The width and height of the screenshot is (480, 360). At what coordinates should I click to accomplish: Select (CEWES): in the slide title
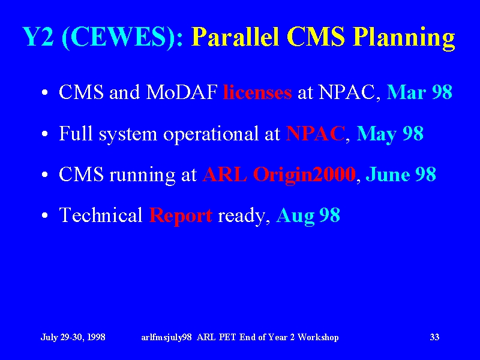122,38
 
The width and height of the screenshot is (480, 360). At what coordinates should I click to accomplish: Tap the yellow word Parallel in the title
235,37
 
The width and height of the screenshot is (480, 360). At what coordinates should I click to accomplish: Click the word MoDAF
182,92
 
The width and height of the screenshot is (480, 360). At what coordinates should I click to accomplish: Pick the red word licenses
257,92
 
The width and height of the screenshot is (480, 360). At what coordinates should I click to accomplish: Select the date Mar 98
419,92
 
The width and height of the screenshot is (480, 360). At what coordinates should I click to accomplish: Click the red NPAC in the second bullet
316,133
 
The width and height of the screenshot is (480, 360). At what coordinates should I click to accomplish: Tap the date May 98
390,134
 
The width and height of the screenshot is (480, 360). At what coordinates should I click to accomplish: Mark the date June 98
401,175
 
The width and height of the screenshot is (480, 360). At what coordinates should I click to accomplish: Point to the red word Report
181,216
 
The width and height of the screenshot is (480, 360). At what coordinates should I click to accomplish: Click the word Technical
101,215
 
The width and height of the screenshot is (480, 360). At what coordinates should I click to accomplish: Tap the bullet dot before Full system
44,134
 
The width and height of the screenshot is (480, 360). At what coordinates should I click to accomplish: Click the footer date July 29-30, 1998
73,337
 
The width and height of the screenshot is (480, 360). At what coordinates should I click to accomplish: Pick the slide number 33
434,337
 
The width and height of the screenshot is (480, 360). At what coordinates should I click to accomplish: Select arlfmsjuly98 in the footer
167,337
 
